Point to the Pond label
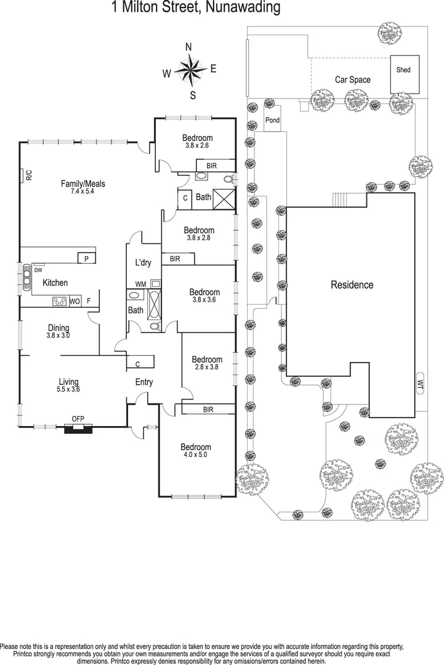point(272,120)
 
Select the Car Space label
point(352,79)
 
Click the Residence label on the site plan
point(352,284)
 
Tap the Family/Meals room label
point(83,183)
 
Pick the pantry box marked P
point(86,259)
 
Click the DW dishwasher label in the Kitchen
point(38,270)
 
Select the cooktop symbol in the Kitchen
point(60,301)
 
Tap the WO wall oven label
point(75,301)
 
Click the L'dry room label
point(143,263)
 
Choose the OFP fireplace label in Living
point(78,419)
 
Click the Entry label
point(144,382)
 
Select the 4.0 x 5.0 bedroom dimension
point(196,455)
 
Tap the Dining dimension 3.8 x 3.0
point(59,336)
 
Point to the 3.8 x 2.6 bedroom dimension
point(197,145)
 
